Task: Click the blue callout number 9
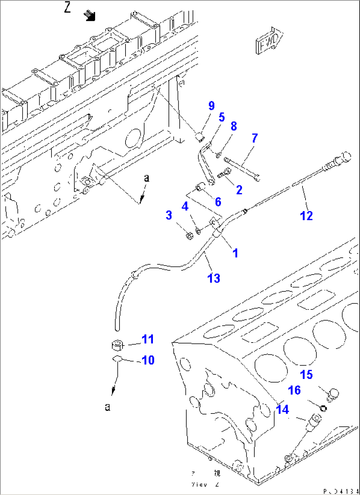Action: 212,106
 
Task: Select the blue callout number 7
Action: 254,138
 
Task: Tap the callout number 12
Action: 306,215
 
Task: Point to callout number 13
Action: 214,278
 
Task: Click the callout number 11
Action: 148,339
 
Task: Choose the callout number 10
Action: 148,360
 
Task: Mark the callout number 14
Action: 282,409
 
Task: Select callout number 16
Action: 294,390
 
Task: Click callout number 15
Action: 306,375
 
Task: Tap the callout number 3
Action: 169,215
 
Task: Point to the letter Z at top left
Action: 67,7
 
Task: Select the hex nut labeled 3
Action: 189,236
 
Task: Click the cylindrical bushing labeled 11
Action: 117,346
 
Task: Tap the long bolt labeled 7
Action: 242,168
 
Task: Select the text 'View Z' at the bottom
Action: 205,484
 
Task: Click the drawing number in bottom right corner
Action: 340,491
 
